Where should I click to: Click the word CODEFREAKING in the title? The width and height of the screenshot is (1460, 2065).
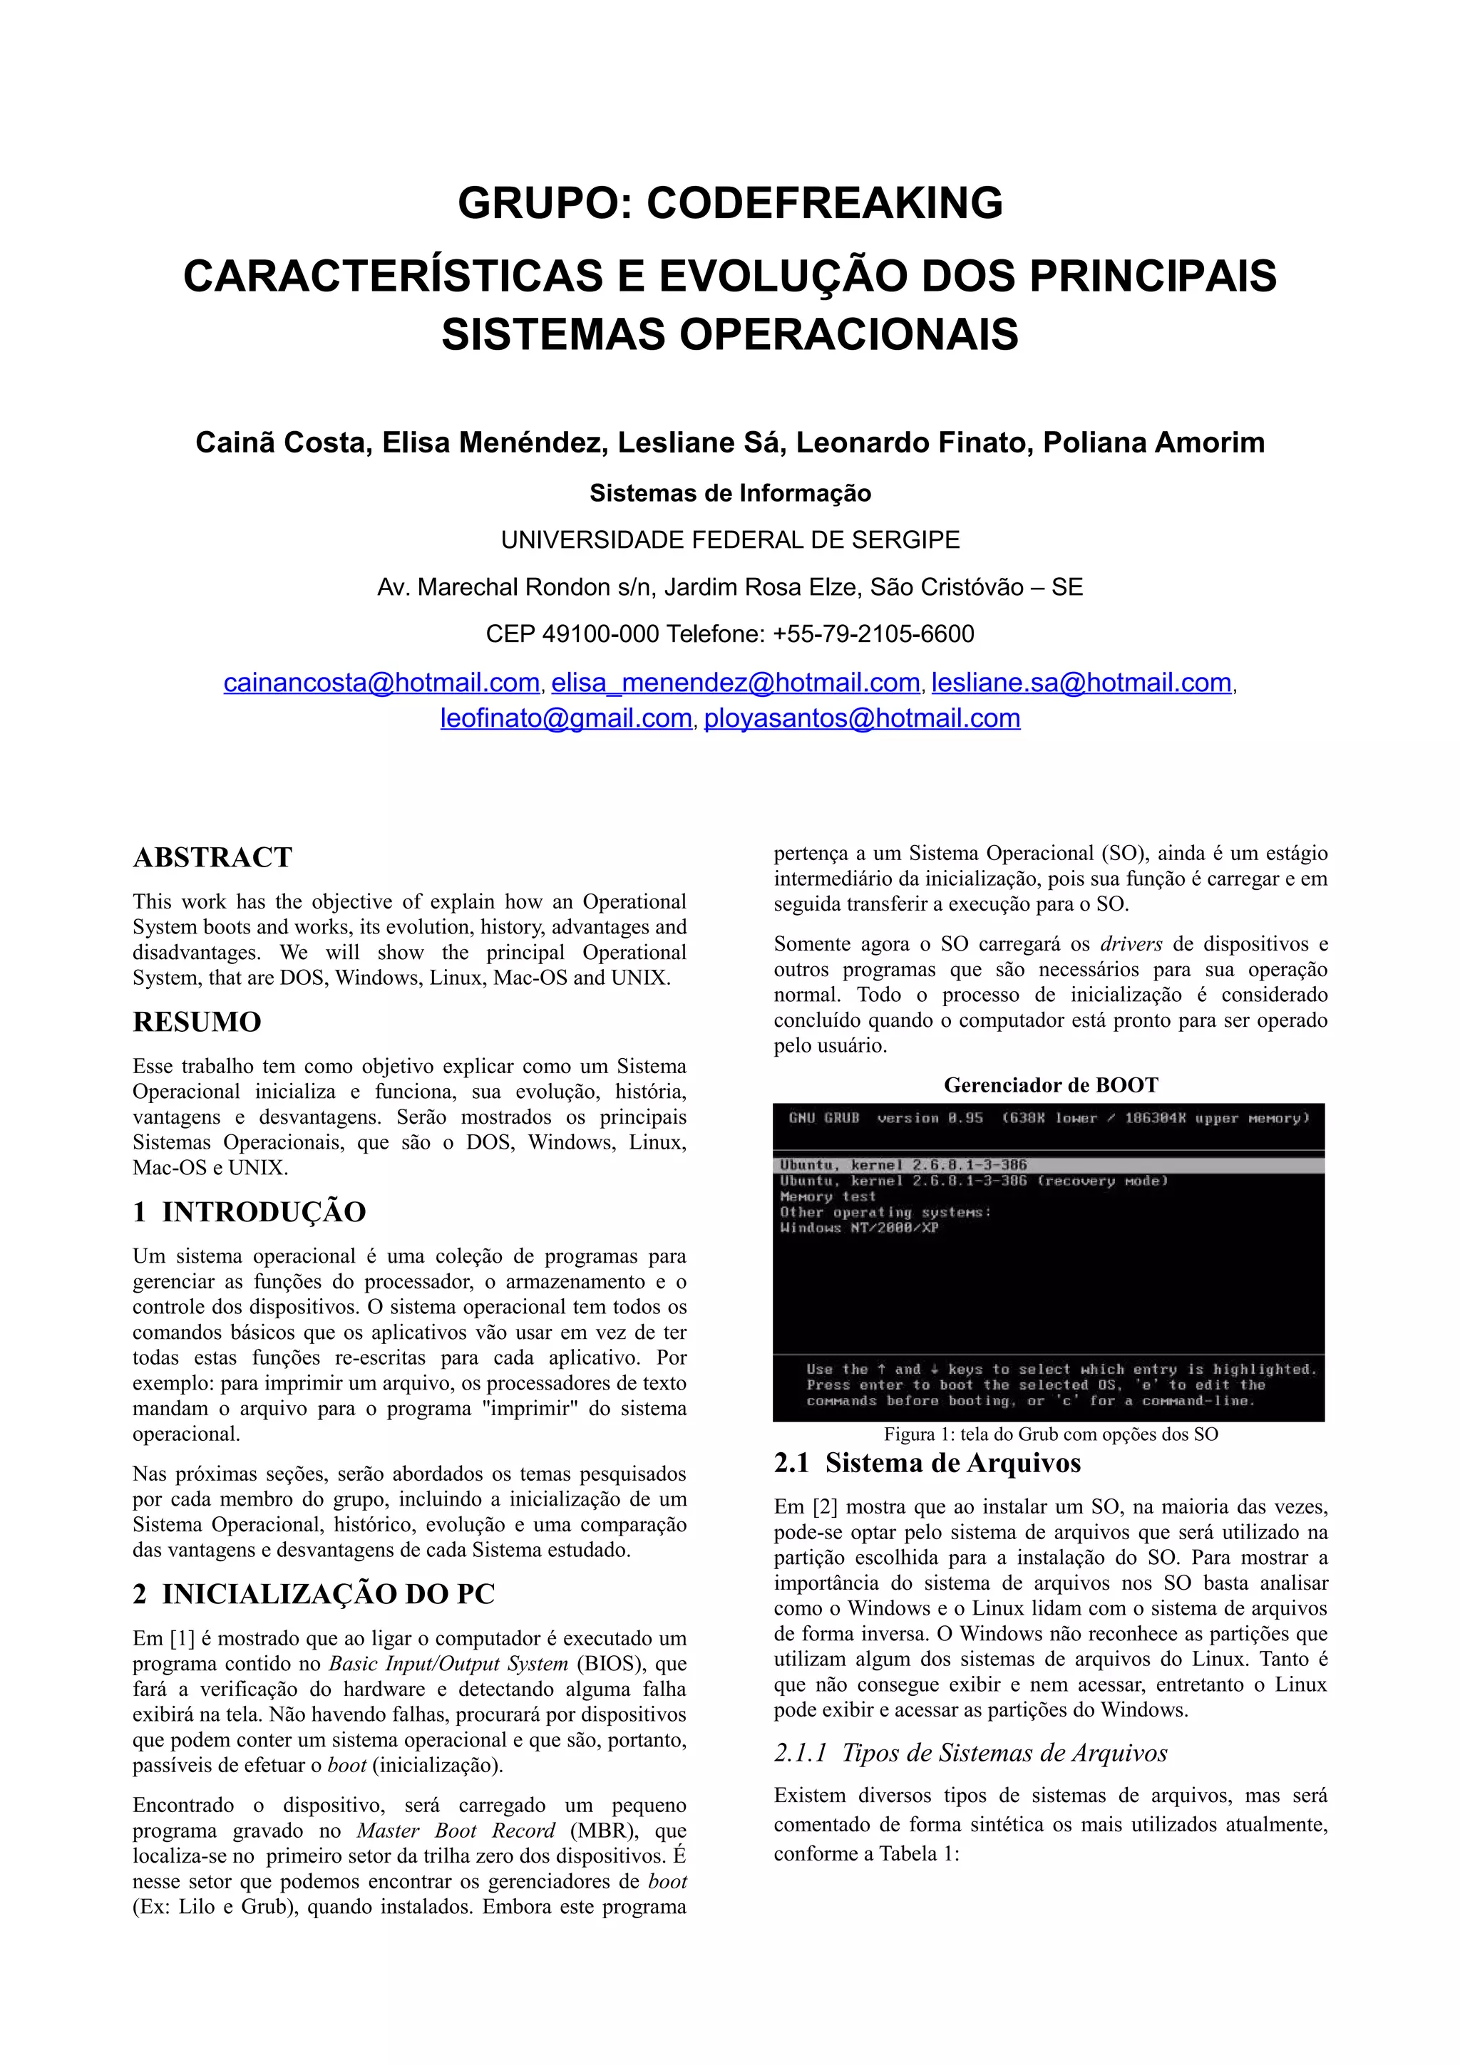pos(824,203)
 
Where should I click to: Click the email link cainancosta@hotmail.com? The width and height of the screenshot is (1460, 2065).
pos(381,683)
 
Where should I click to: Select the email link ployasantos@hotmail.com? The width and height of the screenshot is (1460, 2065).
pos(862,718)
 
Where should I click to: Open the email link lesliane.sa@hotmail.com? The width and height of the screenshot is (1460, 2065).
pos(1081,683)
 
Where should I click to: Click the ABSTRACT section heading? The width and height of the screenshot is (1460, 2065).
pos(212,857)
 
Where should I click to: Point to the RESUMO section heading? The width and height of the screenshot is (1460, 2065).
pos(197,1022)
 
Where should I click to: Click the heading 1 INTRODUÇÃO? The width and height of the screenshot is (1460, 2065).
pos(250,1212)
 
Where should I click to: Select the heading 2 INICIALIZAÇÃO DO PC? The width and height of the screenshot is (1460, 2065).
pos(314,1594)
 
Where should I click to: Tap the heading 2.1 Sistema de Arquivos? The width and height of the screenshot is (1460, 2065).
pos(927,1464)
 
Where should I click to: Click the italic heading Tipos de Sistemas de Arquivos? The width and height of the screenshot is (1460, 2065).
pos(971,1753)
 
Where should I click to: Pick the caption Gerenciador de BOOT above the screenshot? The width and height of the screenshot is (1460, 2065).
pos(1051,1085)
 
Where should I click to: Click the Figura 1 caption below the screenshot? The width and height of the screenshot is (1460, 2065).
pos(1051,1434)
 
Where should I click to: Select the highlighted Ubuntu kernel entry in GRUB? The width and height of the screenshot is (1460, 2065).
pos(903,1166)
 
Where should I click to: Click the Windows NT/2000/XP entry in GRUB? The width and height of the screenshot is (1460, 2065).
pos(859,1228)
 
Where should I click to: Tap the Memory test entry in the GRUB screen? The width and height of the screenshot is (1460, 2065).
pos(828,1197)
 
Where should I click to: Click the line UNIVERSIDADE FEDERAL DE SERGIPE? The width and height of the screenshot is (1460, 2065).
pos(729,541)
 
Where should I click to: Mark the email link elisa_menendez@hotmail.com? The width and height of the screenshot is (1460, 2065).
pos(735,683)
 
